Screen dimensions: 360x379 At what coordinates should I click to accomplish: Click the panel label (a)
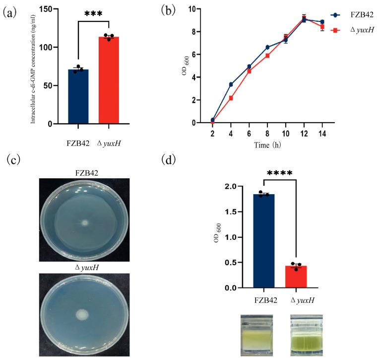point(11,13)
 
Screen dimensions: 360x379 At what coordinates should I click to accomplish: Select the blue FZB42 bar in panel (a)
point(78,96)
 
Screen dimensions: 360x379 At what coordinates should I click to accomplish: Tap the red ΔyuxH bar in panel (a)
point(109,80)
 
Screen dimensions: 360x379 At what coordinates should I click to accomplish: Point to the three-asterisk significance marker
point(93,13)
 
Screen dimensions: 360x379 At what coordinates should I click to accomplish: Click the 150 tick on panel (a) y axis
point(47,9)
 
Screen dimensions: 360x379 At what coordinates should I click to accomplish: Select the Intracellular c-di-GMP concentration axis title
point(33,67)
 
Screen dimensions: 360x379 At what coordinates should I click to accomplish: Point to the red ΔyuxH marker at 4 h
point(231,98)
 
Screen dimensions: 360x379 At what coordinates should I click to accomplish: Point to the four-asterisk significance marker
point(279,173)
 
